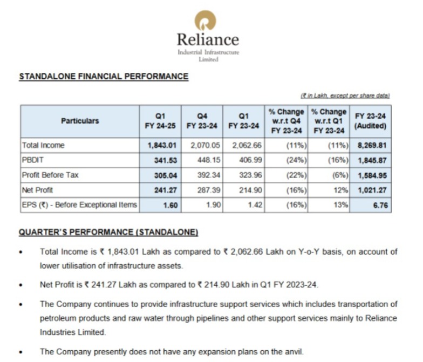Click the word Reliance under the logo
click(208, 39)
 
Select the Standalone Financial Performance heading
click(104, 77)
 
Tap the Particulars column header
click(80, 121)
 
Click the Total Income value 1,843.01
click(162, 145)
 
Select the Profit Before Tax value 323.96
click(245, 175)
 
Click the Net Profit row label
click(39, 190)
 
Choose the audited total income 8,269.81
click(373, 145)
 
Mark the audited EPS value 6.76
click(380, 205)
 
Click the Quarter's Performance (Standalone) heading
click(108, 232)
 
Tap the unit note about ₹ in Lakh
click(345, 95)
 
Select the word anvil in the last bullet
click(294, 352)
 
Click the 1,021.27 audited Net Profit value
click(373, 190)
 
